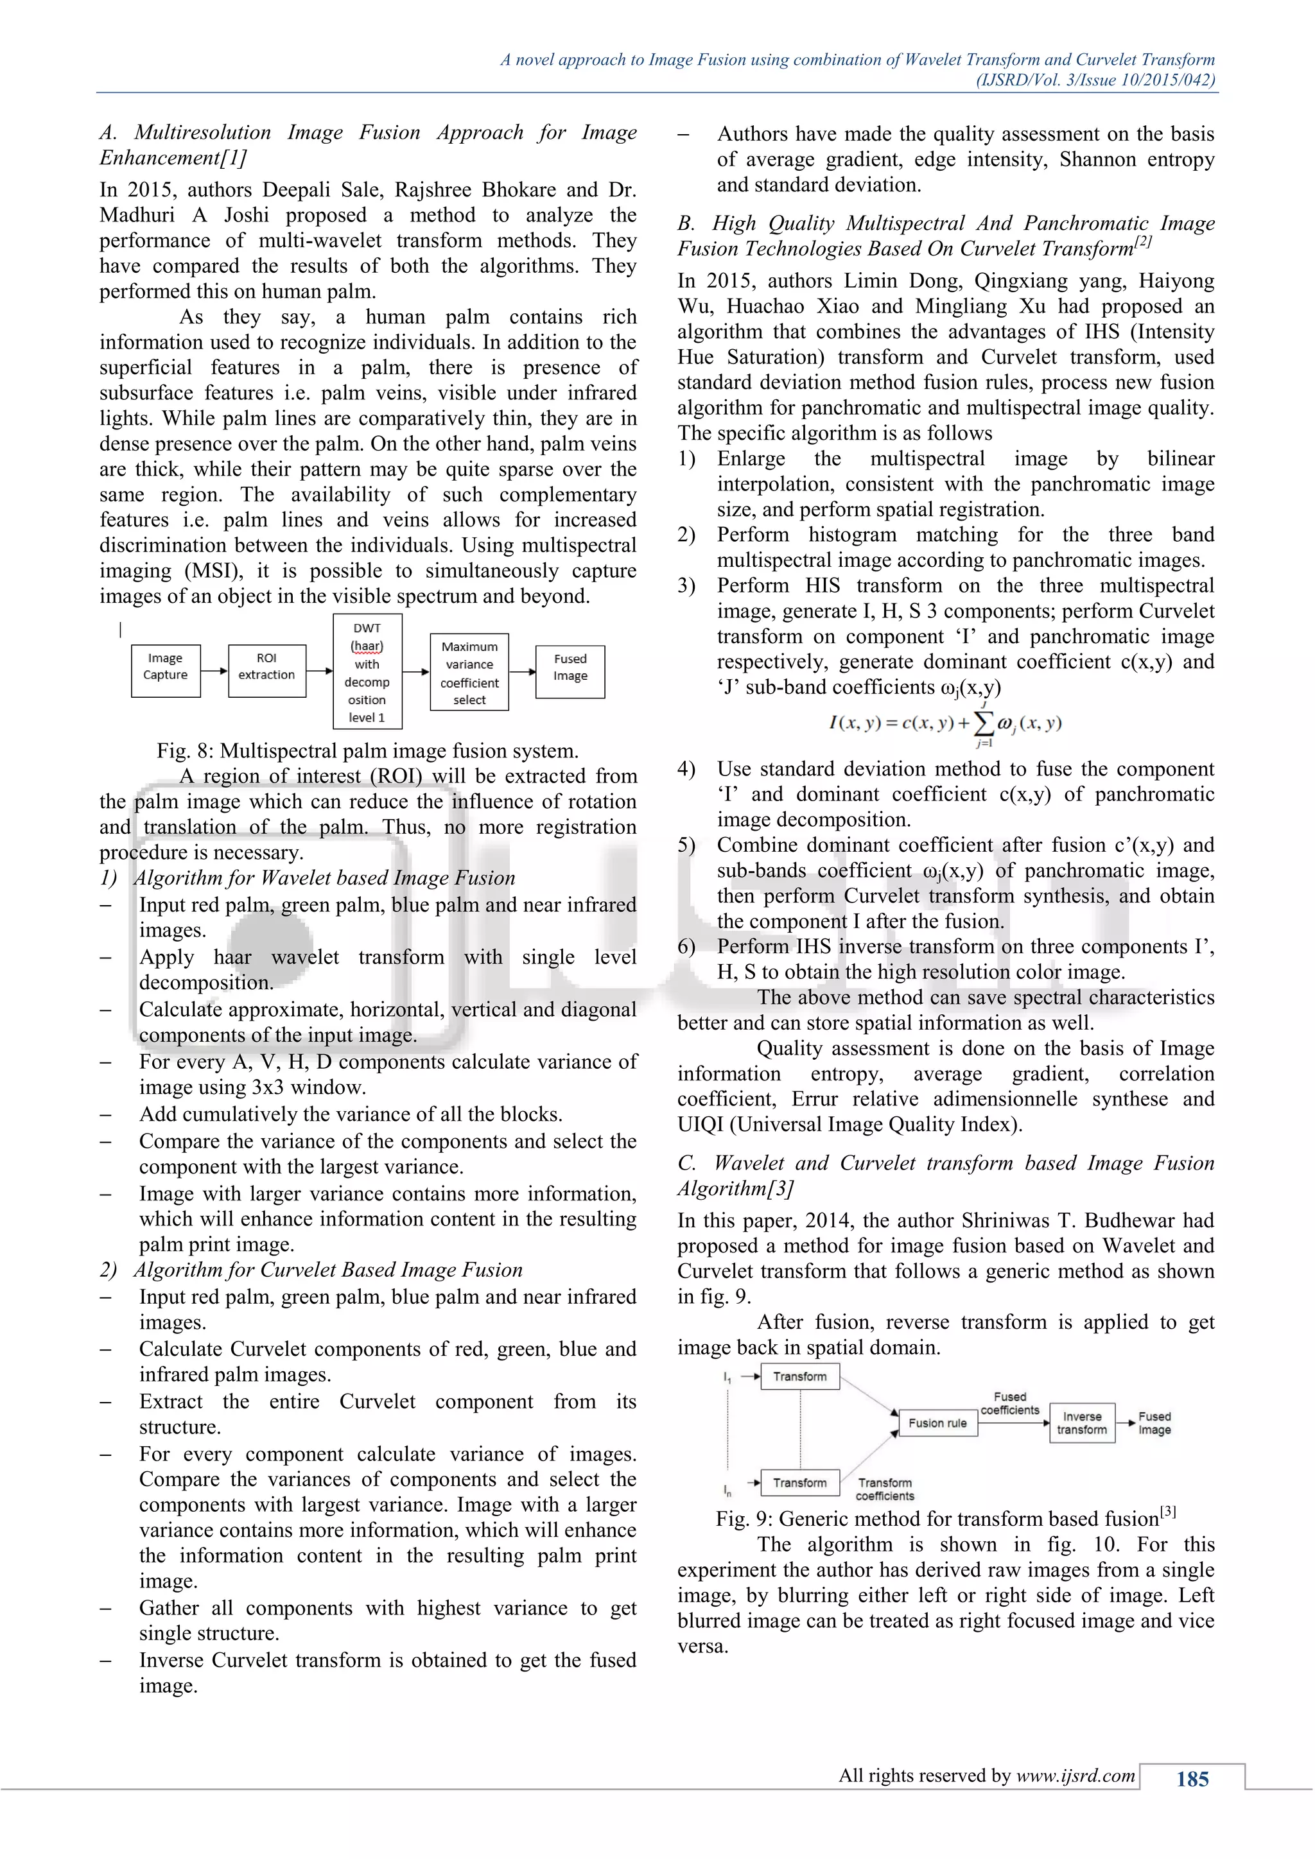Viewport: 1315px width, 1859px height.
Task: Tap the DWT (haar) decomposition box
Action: [x=367, y=672]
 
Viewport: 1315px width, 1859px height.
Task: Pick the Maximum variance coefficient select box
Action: [x=469, y=672]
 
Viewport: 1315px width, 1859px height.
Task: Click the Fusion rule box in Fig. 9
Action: [x=937, y=1422]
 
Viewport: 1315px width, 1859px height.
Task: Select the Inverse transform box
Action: [x=1082, y=1422]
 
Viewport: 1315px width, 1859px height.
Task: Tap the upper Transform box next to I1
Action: [x=799, y=1376]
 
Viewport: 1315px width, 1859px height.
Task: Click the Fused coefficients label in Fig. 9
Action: [x=1010, y=1403]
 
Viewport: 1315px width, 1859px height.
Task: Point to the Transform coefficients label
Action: [x=884, y=1489]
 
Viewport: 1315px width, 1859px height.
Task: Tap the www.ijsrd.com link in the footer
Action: [x=1076, y=1776]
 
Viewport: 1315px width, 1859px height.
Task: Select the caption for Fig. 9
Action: [x=945, y=1518]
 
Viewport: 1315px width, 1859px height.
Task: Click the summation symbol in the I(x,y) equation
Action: [x=983, y=722]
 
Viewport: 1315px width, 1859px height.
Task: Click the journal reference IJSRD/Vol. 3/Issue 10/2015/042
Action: [x=1095, y=80]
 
